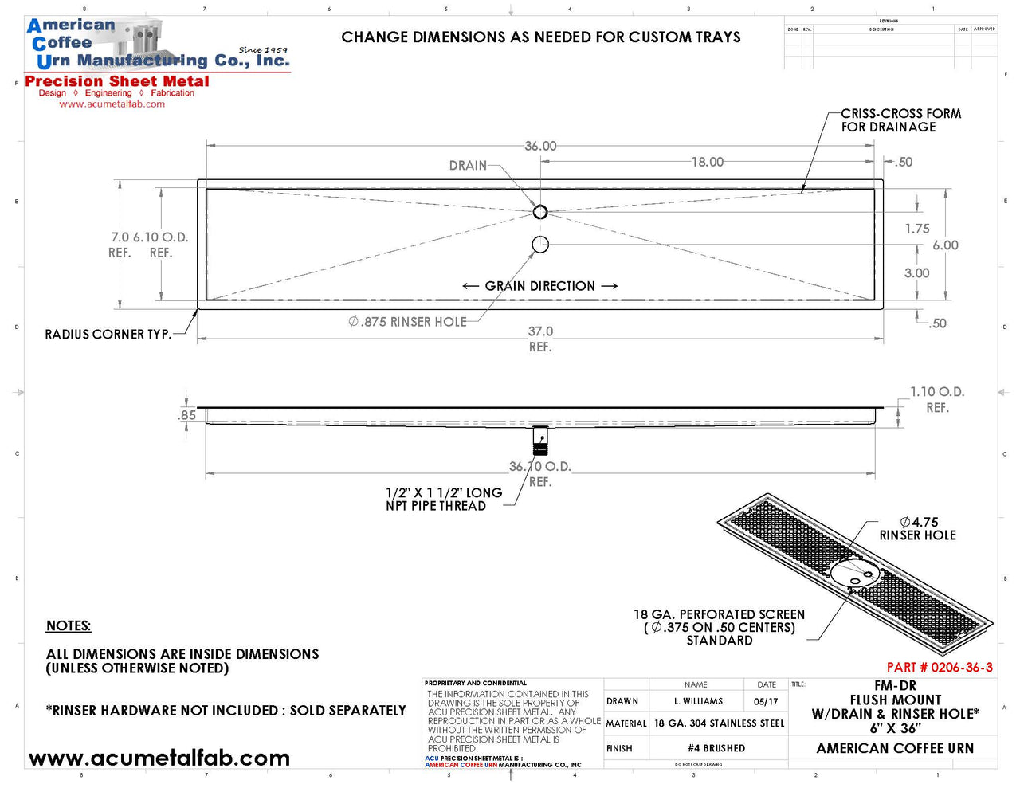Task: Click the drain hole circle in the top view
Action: coord(540,212)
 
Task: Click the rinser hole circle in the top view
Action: coord(540,245)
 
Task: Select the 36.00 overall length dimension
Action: coord(540,147)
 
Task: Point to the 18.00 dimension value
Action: coord(707,163)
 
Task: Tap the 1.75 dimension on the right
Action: coord(916,229)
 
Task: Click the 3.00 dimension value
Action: coord(916,273)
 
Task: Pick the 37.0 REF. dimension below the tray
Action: coord(540,338)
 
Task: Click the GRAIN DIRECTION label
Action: coord(540,286)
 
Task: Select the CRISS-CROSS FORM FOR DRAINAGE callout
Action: coord(900,120)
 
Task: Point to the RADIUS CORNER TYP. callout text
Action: coord(108,335)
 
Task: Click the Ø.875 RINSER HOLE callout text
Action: coord(407,322)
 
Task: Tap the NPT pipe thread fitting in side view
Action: coord(540,440)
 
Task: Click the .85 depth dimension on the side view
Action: coord(186,415)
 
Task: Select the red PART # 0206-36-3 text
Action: coord(940,668)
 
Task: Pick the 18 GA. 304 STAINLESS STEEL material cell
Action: coord(719,723)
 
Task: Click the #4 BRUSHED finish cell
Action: coord(716,748)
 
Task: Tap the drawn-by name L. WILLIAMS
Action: coord(698,701)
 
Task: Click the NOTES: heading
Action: coord(69,626)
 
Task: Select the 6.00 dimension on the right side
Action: coord(945,245)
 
